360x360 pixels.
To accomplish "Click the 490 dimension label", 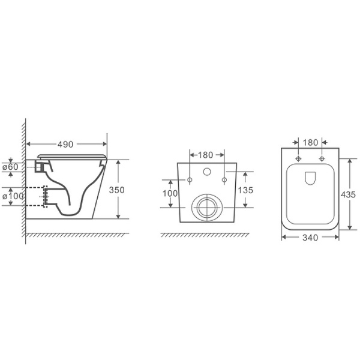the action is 65,145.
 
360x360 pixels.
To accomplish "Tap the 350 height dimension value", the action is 116,190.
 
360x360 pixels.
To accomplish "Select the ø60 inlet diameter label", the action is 10,167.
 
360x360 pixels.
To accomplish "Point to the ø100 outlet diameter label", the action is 13,196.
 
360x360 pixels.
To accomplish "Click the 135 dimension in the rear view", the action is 245,190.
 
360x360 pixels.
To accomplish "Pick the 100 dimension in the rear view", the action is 170,194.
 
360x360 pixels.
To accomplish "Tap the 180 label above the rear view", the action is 205,155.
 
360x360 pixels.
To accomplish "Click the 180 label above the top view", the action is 310,143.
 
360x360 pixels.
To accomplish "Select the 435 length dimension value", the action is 348,195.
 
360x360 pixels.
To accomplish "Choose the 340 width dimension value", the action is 310,238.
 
